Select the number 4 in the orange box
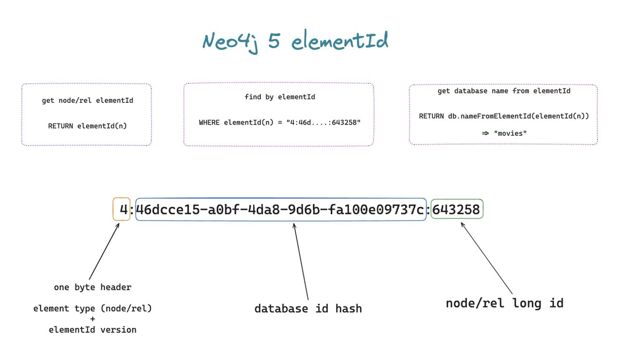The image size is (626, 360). click(x=123, y=210)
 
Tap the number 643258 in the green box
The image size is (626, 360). click(x=456, y=210)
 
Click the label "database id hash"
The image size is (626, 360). click(x=308, y=309)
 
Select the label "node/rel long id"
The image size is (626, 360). click(x=504, y=303)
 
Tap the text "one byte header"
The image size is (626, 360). click(x=92, y=287)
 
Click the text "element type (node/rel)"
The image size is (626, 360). click(x=92, y=309)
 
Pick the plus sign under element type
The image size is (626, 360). click(x=92, y=319)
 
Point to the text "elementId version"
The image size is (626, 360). click(x=92, y=330)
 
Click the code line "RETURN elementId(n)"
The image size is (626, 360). click(x=87, y=126)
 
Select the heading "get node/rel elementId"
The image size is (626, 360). click(x=87, y=100)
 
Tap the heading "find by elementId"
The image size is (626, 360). click(x=280, y=97)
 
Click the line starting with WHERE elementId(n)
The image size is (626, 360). click(x=280, y=123)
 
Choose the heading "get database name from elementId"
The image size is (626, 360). click(x=503, y=91)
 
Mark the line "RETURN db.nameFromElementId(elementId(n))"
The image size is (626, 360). click(x=503, y=116)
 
